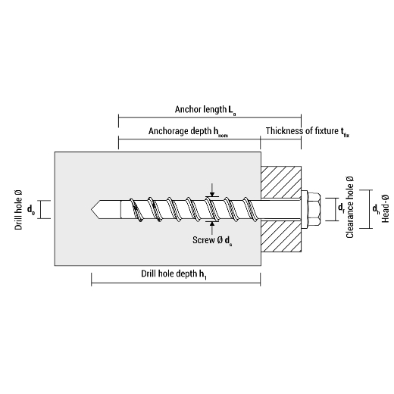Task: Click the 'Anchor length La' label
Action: pyautogui.click(x=205, y=110)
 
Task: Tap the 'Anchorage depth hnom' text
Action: pyautogui.click(x=188, y=132)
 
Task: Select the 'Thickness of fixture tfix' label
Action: pyautogui.click(x=308, y=132)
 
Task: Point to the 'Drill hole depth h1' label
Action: pyautogui.click(x=174, y=274)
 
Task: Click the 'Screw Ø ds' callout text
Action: pyautogui.click(x=212, y=240)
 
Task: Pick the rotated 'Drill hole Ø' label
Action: pyautogui.click(x=18, y=210)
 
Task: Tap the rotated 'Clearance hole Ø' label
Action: pyautogui.click(x=350, y=207)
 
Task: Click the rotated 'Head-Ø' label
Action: pyautogui.click(x=385, y=208)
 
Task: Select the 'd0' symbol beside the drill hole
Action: pyautogui.click(x=31, y=210)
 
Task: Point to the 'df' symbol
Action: pyautogui.click(x=341, y=208)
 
